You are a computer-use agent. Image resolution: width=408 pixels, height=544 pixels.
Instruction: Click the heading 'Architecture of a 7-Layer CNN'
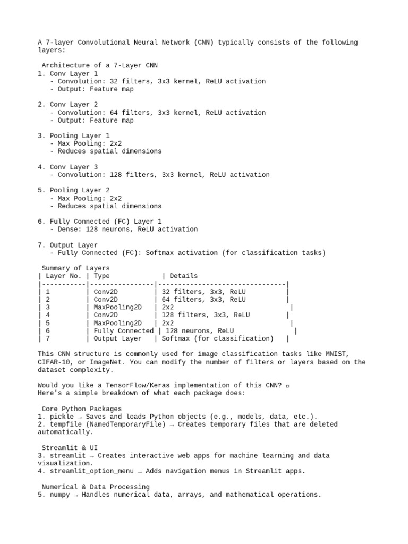tap(100, 65)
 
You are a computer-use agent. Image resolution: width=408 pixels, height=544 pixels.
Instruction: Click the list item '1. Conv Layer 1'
tap(68, 73)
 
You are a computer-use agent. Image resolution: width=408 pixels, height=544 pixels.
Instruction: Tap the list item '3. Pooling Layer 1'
tap(74, 136)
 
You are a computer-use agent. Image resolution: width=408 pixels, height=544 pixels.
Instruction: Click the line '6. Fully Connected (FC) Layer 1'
tap(100, 222)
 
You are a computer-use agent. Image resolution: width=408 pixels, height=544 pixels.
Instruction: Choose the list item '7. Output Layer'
tap(68, 245)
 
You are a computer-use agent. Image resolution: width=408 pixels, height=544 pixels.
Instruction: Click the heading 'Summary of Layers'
tap(76, 268)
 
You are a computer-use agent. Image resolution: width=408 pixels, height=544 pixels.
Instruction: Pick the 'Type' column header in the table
tap(102, 276)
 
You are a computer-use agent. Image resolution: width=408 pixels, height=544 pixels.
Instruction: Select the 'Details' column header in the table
tap(184, 276)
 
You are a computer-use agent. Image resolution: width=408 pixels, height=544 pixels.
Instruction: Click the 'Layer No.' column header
tap(64, 276)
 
